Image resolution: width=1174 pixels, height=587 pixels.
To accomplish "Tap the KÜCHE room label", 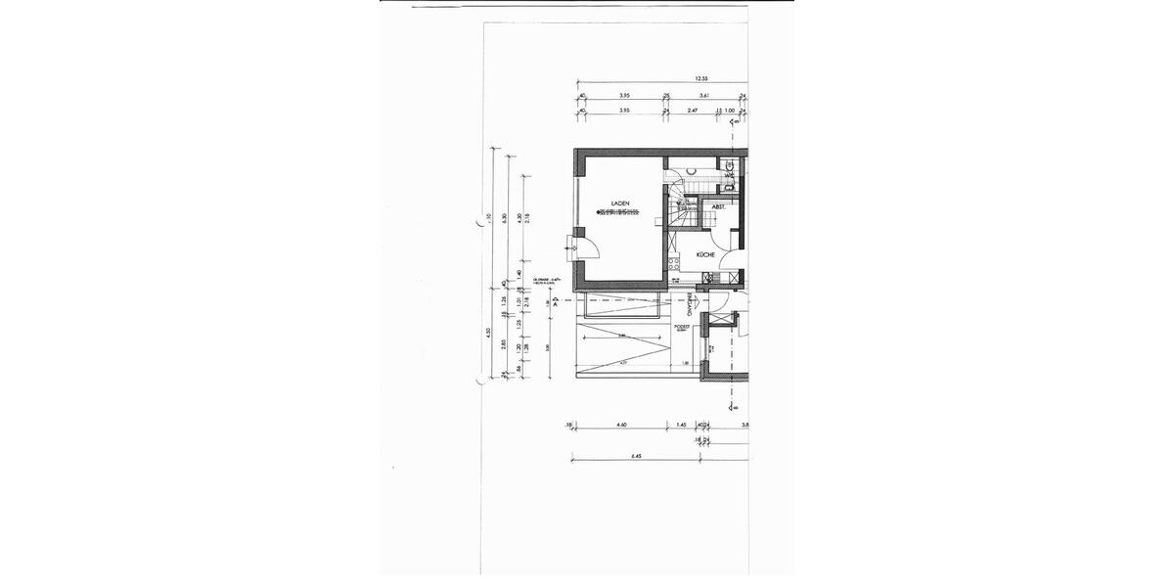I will click(x=704, y=254).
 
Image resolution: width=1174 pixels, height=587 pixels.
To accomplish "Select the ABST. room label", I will click(x=718, y=207).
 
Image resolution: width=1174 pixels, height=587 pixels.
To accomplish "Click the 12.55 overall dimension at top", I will click(x=700, y=78).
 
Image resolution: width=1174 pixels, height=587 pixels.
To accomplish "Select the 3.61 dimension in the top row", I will click(x=703, y=96).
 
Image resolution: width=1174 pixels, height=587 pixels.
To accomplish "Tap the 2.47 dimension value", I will click(x=692, y=112).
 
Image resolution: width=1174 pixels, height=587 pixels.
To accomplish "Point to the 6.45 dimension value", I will click(x=636, y=455).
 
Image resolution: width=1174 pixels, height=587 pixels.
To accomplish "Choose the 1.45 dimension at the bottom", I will click(x=681, y=424).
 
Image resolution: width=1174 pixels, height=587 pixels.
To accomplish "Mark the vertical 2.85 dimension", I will click(x=505, y=344).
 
